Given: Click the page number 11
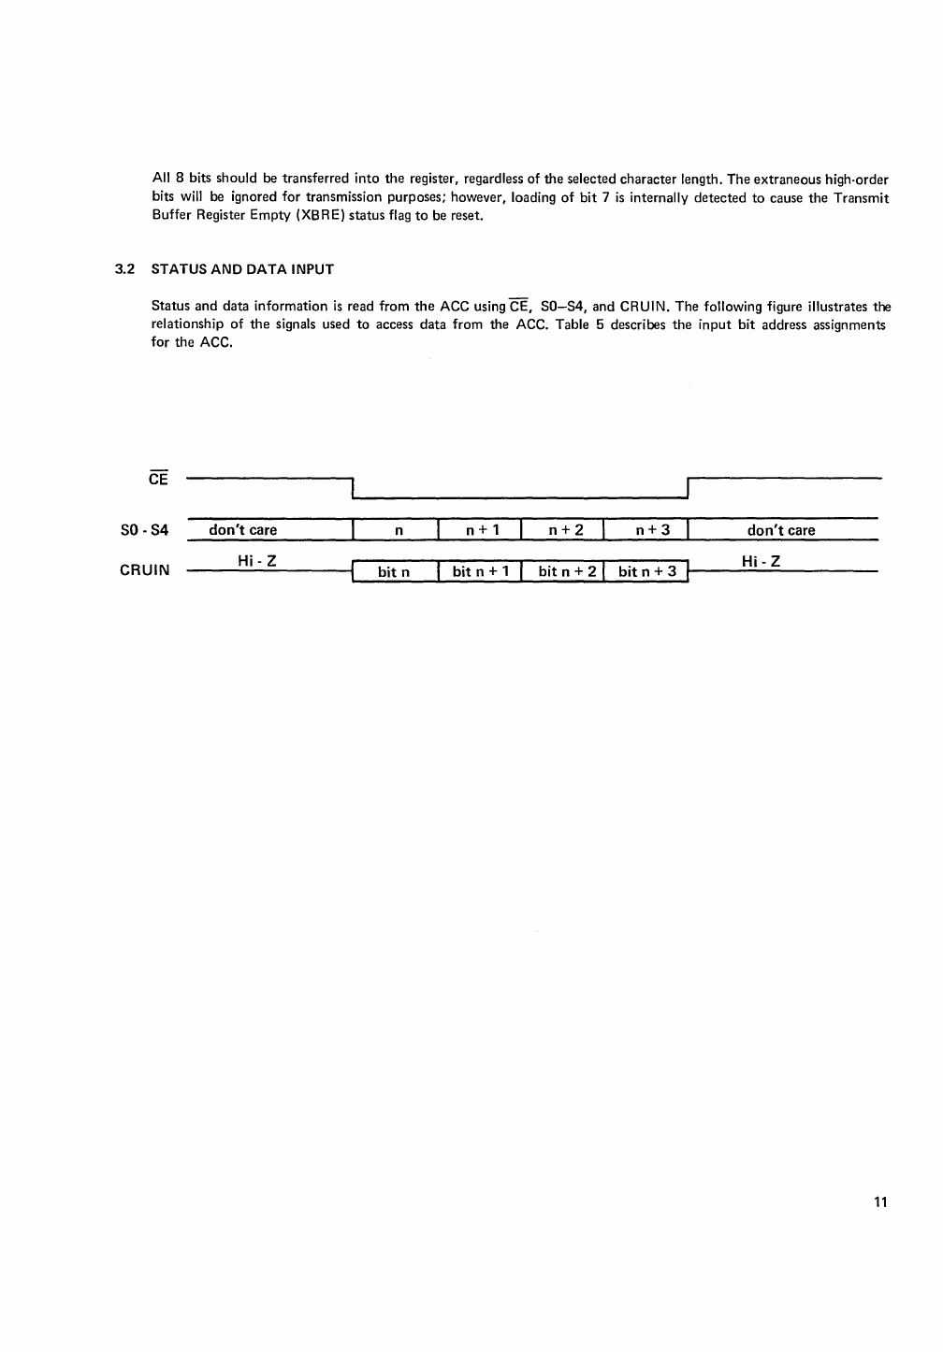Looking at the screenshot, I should tap(879, 1201).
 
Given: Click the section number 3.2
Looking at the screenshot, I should tap(124, 269).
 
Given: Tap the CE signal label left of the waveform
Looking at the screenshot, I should tap(158, 478).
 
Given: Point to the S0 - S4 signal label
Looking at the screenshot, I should tap(144, 530).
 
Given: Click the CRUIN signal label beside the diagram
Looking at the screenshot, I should tap(144, 569).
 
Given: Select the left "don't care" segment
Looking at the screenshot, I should tap(243, 530).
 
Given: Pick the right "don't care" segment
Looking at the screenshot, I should tap(781, 530).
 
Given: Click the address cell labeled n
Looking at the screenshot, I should tap(399, 530).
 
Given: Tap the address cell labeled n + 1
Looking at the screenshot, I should tap(483, 530).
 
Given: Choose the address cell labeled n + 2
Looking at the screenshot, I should tap(566, 530).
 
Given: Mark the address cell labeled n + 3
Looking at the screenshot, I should tap(653, 530).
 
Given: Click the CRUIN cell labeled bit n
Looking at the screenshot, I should tap(393, 571).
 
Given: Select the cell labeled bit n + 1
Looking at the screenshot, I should tap(481, 571).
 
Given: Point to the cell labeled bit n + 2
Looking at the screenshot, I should tap(567, 571).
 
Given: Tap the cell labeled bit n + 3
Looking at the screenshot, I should tap(647, 571).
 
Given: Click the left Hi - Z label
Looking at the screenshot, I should tap(256, 560).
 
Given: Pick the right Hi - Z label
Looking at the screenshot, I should tap(761, 561).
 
